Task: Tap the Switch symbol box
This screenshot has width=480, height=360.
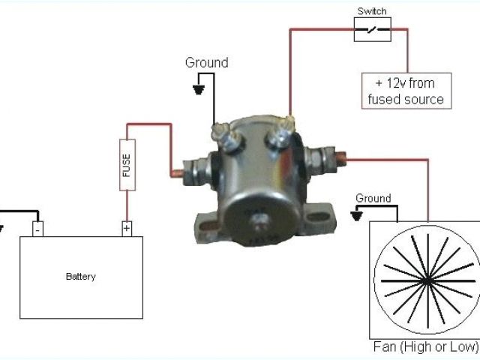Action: pyautogui.click(x=372, y=29)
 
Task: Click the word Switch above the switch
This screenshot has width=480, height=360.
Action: pyautogui.click(x=372, y=11)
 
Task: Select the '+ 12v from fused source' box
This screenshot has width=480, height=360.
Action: pyautogui.click(x=407, y=91)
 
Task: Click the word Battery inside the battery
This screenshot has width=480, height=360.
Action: pyautogui.click(x=81, y=277)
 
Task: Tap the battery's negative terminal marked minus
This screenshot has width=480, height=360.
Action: pyautogui.click(x=37, y=227)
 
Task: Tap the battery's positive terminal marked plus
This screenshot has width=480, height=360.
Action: pyautogui.click(x=127, y=227)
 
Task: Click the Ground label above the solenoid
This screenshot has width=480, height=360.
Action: pyautogui.click(x=206, y=63)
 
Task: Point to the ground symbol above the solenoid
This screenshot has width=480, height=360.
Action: pyautogui.click(x=199, y=89)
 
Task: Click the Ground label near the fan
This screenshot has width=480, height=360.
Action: pyautogui.click(x=373, y=198)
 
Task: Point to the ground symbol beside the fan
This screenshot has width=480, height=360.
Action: pyautogui.click(x=357, y=214)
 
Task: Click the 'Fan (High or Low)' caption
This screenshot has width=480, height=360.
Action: pyautogui.click(x=425, y=347)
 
